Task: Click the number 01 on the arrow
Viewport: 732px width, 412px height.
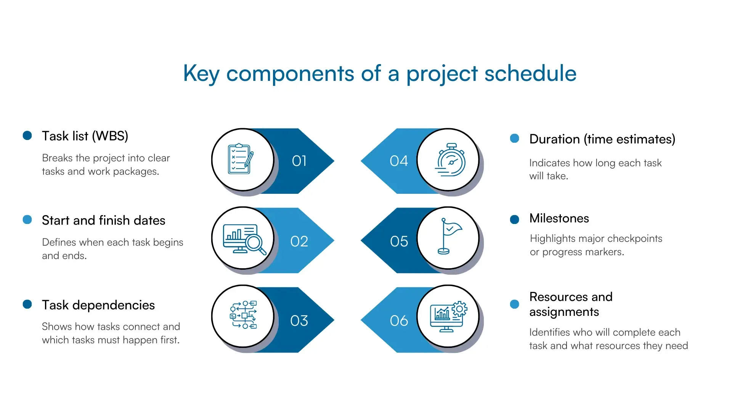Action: tap(299, 161)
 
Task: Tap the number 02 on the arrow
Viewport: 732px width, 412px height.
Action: tap(299, 241)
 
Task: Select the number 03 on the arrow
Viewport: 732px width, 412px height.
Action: tap(299, 321)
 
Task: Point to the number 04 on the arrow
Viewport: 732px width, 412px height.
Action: tap(399, 161)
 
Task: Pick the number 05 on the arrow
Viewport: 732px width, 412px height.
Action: tap(399, 241)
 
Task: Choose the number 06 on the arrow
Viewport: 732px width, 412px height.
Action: tap(399, 321)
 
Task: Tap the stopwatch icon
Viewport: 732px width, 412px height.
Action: tap(451, 160)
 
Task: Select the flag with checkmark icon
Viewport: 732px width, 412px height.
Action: tap(449, 236)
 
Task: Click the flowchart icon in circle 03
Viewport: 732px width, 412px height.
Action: tap(243, 315)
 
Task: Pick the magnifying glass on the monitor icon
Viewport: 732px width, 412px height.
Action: tap(255, 243)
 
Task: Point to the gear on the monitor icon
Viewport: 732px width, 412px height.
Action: tap(459, 309)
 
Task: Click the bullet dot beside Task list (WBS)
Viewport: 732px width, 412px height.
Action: tap(27, 135)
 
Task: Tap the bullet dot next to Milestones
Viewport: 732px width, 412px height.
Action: tap(514, 219)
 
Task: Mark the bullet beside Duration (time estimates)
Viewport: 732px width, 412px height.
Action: tap(514, 138)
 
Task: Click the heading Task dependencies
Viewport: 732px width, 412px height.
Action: tap(98, 305)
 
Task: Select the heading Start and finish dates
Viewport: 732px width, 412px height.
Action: tap(103, 220)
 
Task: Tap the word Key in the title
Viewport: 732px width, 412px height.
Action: tap(201, 73)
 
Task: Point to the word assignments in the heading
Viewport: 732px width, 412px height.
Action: tap(564, 312)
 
